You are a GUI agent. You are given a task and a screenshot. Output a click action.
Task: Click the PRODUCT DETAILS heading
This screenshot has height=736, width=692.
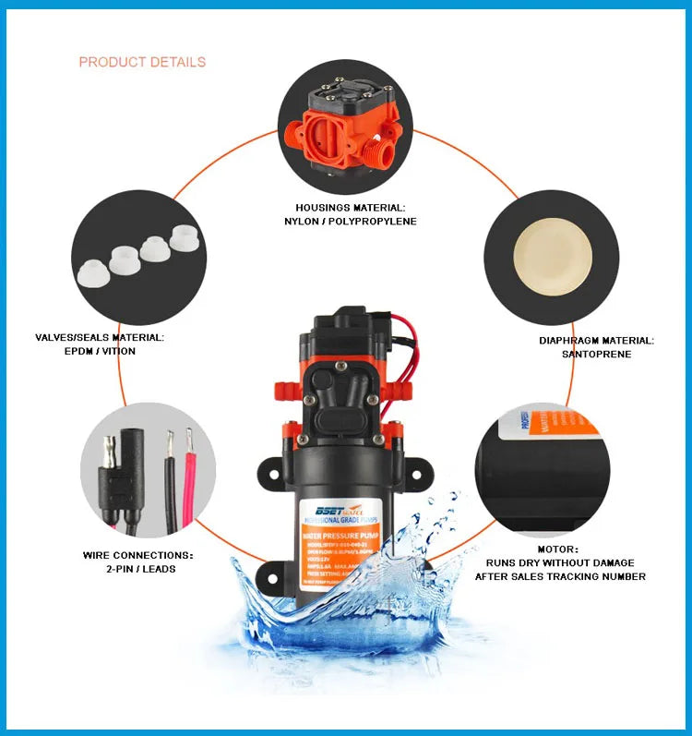142,62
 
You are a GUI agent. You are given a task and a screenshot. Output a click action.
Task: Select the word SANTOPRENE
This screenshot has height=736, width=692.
596,354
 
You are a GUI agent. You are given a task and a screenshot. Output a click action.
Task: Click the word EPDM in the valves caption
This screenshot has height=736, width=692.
81,351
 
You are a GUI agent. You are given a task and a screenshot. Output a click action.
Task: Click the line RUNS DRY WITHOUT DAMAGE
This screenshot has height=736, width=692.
560,562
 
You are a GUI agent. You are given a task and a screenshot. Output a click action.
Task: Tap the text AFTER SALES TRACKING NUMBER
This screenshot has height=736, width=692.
560,576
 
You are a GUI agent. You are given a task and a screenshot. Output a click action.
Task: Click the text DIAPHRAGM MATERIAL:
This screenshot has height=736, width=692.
596,341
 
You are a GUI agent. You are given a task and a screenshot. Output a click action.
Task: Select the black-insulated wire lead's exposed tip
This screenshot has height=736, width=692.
169,440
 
